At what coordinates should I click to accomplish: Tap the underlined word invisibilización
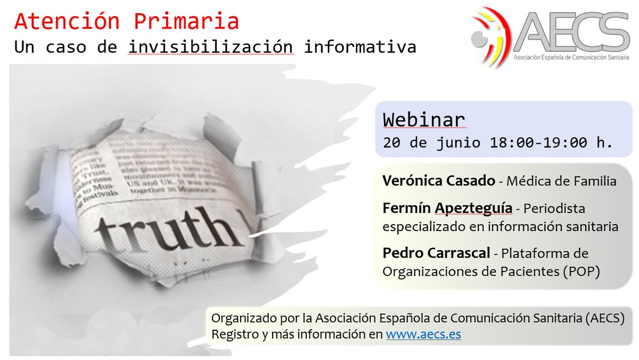[x=210, y=47]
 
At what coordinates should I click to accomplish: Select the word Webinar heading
[x=424, y=120]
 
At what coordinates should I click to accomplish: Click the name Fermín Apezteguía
[x=447, y=208]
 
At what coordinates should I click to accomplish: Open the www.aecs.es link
[x=423, y=334]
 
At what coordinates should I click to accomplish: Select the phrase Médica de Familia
[x=561, y=181]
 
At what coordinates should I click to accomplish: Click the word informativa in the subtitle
[x=360, y=47]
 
